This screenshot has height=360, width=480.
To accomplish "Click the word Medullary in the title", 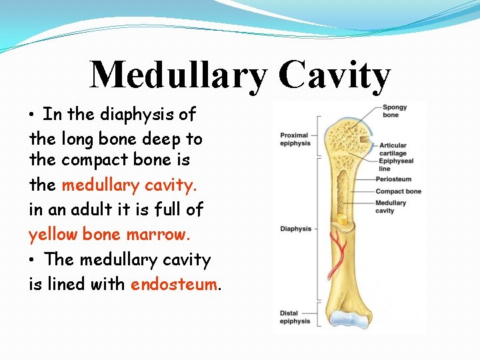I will point(177,75).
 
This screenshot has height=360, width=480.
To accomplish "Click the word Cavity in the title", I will point(335,75).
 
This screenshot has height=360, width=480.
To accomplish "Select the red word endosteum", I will point(174,284).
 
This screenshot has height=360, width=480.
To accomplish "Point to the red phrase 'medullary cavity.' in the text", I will point(129,185).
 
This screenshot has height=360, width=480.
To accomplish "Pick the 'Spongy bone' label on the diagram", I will point(395,111).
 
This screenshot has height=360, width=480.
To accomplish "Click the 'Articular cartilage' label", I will point(393,149).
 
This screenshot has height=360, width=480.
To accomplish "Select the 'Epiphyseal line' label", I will point(396,164).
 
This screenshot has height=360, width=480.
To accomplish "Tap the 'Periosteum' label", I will point(393,179).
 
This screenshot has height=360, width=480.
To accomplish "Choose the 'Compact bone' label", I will point(398,192).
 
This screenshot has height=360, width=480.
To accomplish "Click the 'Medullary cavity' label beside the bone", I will point(390,207).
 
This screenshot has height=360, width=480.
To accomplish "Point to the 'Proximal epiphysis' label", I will point(295,139).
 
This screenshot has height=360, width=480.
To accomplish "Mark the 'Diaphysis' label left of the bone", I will point(295,229).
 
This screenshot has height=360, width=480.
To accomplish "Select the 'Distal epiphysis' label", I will point(295,317).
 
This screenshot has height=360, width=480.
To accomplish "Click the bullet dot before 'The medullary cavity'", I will point(33,260).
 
